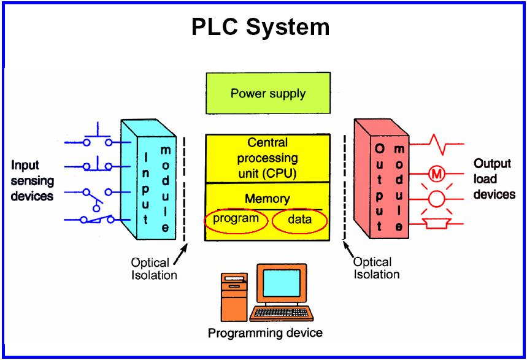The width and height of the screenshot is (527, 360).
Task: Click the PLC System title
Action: tap(260, 27)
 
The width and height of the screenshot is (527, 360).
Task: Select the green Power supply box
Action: tap(267, 94)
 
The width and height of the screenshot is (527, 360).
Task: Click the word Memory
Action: tap(267, 199)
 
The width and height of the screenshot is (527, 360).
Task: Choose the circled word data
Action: tap(300, 220)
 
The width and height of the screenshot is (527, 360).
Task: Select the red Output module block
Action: tap(382, 184)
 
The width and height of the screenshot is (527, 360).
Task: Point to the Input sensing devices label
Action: tap(32, 180)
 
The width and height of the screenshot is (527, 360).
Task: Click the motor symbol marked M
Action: tap(437, 174)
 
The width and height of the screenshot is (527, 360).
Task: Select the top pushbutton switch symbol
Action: tap(98, 137)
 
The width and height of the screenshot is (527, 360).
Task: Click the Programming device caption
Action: tap(265, 334)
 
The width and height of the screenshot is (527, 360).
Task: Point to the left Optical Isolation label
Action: tap(154, 269)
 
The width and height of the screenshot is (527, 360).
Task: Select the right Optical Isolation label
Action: tap(377, 268)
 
